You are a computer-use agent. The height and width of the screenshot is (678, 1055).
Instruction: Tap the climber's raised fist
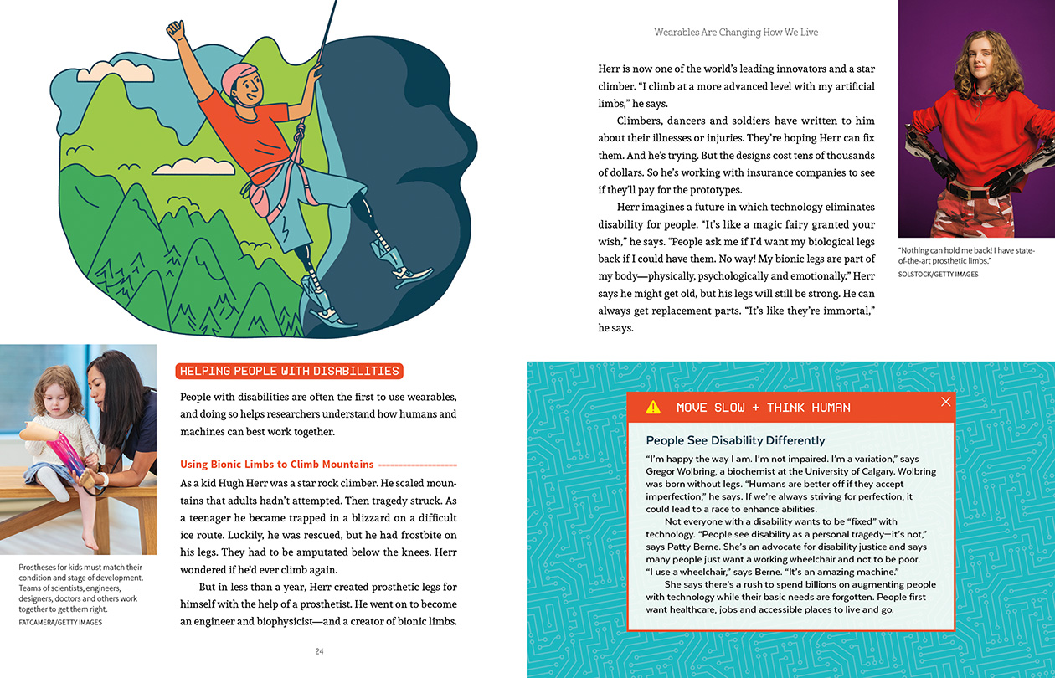(x=175, y=32)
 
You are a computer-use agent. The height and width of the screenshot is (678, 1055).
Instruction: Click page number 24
(x=319, y=651)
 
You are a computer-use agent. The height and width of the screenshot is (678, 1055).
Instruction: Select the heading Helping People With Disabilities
(x=290, y=371)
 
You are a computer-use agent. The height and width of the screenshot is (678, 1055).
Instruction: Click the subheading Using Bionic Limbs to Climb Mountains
(x=277, y=464)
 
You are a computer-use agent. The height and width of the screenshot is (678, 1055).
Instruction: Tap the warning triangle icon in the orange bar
(x=653, y=408)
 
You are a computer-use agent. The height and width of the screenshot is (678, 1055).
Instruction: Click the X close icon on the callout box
(x=946, y=402)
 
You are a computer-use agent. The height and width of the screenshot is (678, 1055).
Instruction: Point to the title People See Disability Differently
(x=735, y=440)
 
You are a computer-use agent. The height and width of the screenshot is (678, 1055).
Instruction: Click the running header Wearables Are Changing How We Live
(x=736, y=33)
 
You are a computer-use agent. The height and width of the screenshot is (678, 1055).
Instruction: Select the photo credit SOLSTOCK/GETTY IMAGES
(x=938, y=274)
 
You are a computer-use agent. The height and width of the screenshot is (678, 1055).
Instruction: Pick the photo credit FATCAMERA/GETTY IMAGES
(x=60, y=622)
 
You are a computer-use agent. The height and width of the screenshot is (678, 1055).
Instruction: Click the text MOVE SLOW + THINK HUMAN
(x=763, y=408)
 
